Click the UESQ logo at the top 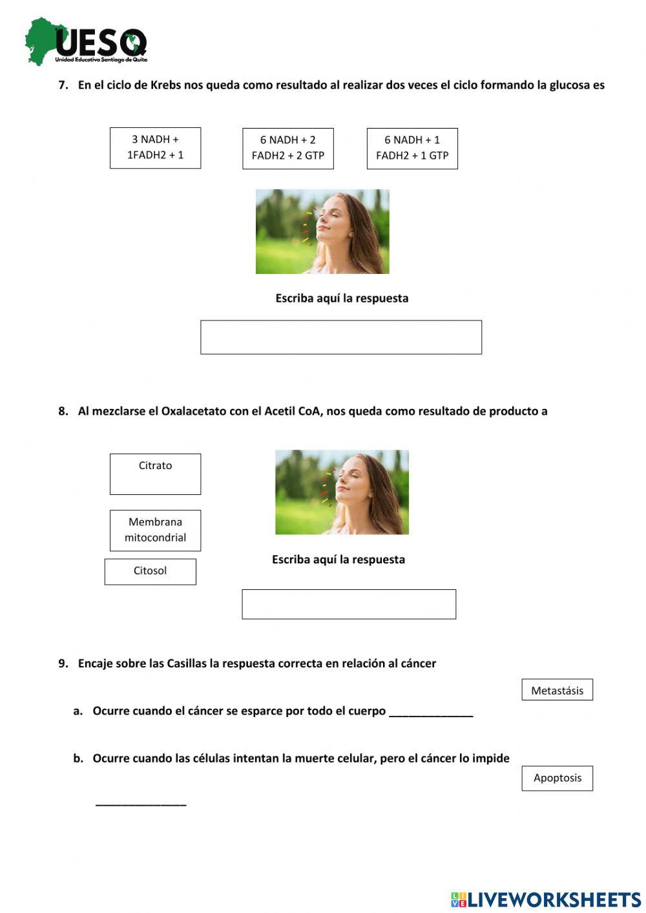86,42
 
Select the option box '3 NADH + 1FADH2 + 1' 155,148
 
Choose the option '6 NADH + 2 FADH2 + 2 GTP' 288,149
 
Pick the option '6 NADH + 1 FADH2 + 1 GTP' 412,149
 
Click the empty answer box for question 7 341,337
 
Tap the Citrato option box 155,474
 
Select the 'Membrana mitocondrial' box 155,530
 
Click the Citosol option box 151,572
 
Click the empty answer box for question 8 349,604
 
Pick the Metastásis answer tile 557,690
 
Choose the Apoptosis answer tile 557,778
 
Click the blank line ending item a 431,713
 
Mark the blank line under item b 141,803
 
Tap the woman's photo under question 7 322,231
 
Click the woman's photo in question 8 342,492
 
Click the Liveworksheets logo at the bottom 546,899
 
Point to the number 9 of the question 62,664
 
